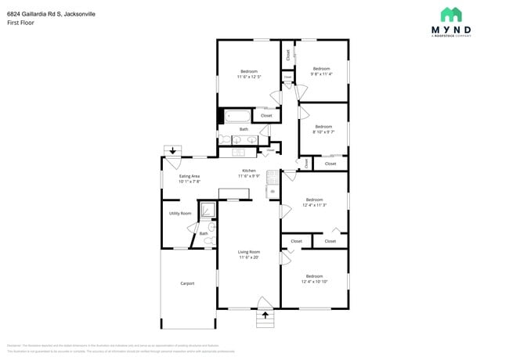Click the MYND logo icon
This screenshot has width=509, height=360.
[451, 15]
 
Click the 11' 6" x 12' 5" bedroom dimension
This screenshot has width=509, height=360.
[248, 77]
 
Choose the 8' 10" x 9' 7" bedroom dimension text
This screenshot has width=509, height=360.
[323, 131]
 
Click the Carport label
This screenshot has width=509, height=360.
[187, 283]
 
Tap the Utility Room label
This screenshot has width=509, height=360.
[180, 213]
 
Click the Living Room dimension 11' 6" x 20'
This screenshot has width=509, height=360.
[248, 257]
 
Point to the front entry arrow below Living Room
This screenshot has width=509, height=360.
[265, 315]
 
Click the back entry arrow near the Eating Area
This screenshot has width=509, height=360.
[171, 150]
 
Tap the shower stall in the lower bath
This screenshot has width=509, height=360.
[208, 210]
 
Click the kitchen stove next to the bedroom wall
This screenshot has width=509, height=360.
[273, 177]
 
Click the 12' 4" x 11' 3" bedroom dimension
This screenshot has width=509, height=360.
[314, 204]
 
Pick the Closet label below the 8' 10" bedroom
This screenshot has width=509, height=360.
[330, 164]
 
